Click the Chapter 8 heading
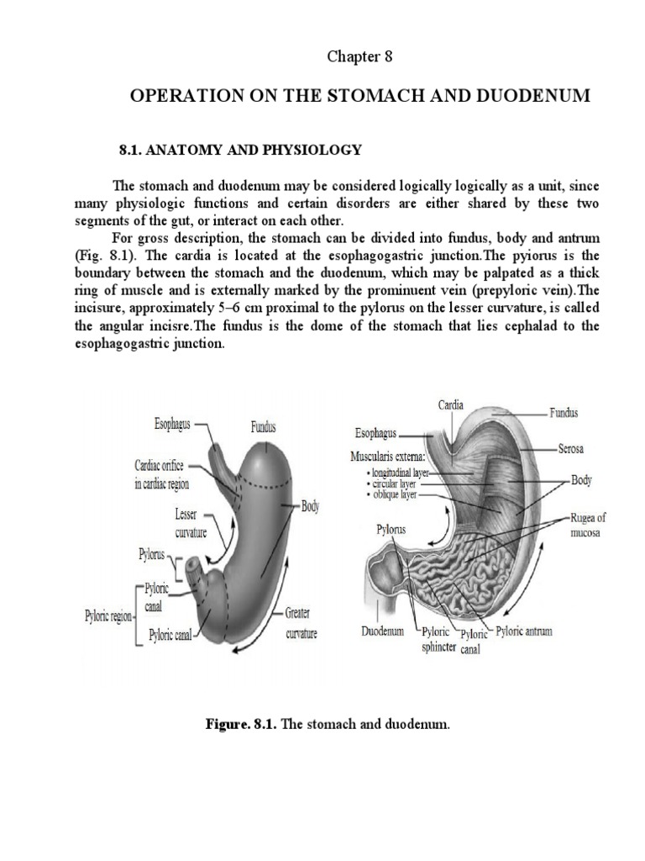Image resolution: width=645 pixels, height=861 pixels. [359, 57]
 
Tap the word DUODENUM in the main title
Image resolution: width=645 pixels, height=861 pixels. [539, 97]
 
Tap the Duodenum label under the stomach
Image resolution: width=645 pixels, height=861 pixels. [382, 631]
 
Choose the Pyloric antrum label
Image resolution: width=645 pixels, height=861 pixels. [524, 631]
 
